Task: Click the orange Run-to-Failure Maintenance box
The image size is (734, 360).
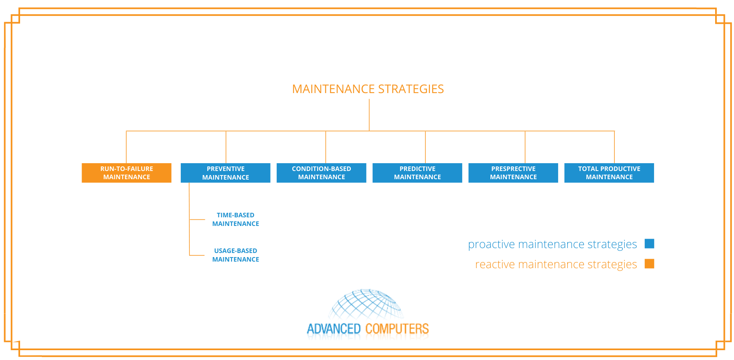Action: [126, 173]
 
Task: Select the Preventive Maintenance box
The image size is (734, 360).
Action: [225, 173]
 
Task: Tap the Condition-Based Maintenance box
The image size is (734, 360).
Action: [321, 173]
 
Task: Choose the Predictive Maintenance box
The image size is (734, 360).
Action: [417, 173]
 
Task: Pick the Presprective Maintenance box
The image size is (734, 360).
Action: [513, 173]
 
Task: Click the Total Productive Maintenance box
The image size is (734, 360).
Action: [609, 173]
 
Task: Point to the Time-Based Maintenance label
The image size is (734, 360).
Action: [236, 219]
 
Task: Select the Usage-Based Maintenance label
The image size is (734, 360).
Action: [236, 255]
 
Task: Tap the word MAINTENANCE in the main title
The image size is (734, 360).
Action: [333, 89]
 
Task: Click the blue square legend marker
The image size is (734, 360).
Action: [649, 244]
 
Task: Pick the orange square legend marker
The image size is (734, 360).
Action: [649, 264]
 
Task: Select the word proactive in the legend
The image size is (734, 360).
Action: [491, 244]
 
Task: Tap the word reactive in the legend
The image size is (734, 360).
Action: [495, 264]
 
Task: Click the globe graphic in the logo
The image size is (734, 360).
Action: [367, 304]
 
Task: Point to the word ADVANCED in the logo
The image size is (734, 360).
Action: [334, 329]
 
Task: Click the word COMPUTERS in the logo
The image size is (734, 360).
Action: [397, 329]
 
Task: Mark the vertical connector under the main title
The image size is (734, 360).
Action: [369, 115]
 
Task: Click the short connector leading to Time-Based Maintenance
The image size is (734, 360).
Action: [197, 219]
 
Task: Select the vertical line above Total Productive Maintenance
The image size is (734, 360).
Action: [614, 147]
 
